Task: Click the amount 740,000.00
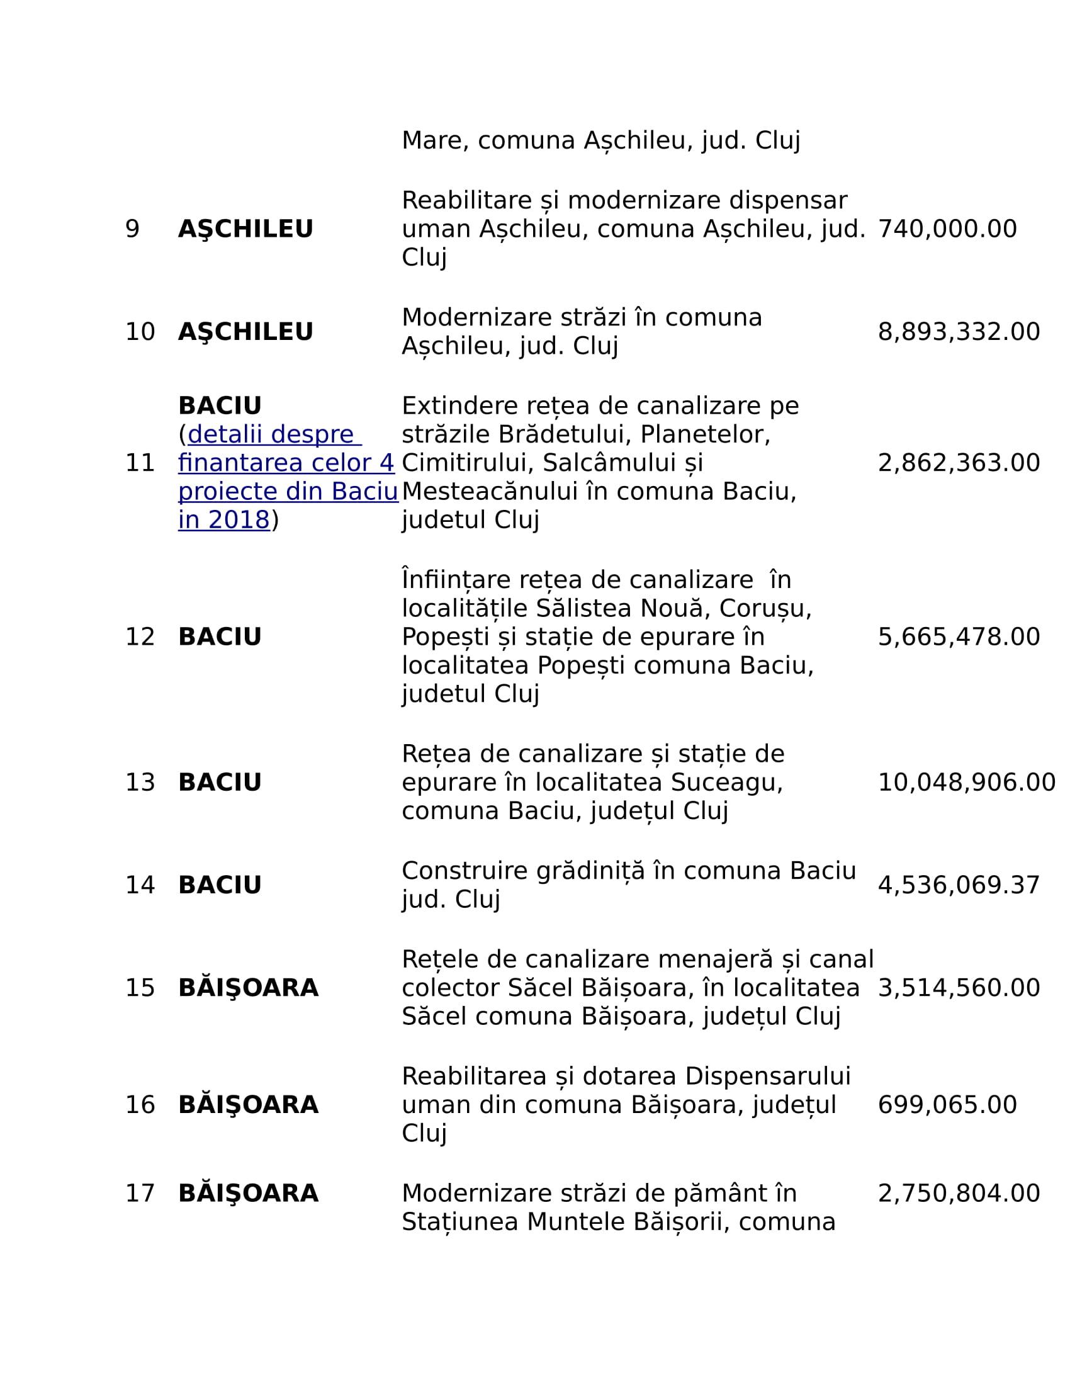pyautogui.click(x=947, y=229)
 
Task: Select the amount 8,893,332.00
pyautogui.click(x=959, y=332)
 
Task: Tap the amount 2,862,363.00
pyautogui.click(x=959, y=463)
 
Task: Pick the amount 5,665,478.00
pyautogui.click(x=959, y=636)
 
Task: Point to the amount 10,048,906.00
pyautogui.click(x=966, y=783)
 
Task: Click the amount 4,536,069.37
pyautogui.click(x=959, y=885)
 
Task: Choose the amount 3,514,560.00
pyautogui.click(x=959, y=988)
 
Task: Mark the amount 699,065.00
pyautogui.click(x=947, y=1105)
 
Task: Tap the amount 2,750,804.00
pyautogui.click(x=959, y=1194)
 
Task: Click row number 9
pyautogui.click(x=132, y=229)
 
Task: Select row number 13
pyautogui.click(x=140, y=783)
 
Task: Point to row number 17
pyautogui.click(x=140, y=1194)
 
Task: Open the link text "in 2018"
pyautogui.click(x=224, y=520)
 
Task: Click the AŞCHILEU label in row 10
pyautogui.click(x=245, y=332)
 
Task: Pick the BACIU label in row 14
pyautogui.click(x=219, y=885)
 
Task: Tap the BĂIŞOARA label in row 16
pyautogui.click(x=248, y=1105)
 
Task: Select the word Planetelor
pyautogui.click(x=705, y=434)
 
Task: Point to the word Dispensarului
pyautogui.click(x=767, y=1076)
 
